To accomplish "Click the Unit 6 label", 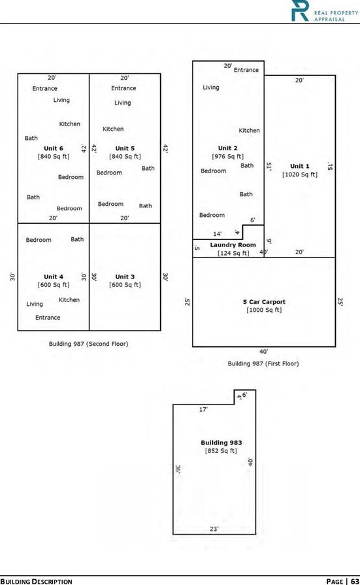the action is [54, 148].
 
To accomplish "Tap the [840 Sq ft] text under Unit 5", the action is [125, 156].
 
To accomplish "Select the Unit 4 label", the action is [54, 276].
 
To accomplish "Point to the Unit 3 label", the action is [125, 276].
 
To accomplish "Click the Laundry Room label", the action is [233, 244].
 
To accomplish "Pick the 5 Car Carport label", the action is [264, 302].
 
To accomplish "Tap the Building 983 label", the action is [221, 443].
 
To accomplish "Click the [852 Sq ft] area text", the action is [221, 451].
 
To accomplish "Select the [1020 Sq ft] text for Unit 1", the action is [300, 175].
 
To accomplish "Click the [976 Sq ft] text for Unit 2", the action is [227, 156].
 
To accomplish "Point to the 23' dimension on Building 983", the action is [214, 529].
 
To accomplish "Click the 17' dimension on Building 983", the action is [203, 409].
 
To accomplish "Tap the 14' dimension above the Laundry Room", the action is [218, 234].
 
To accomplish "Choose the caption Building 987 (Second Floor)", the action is [88, 344].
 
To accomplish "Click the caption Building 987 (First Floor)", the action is [263, 363].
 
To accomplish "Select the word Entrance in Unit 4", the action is [48, 318].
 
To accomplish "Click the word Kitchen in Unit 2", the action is [249, 130].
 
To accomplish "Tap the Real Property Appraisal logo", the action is [325, 10].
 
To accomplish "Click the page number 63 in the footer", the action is [355, 581].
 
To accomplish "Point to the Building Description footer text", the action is [36, 581].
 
